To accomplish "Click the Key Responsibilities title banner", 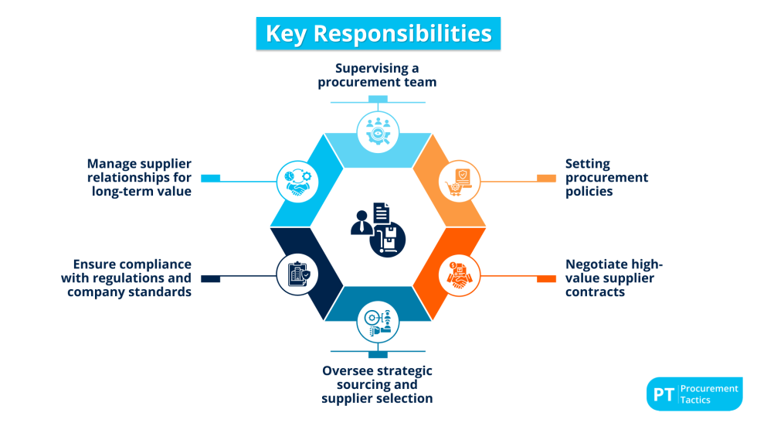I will [x=378, y=34].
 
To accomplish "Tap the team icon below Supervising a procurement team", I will [x=378, y=131].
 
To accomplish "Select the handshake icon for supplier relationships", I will [x=297, y=182].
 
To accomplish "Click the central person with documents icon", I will [x=378, y=228].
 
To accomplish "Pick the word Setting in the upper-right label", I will [x=587, y=163].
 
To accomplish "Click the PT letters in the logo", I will [x=663, y=394].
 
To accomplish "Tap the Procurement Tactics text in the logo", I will [x=708, y=394].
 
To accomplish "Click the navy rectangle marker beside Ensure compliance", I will [x=210, y=278].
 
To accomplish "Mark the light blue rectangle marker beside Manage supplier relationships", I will [x=210, y=178].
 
